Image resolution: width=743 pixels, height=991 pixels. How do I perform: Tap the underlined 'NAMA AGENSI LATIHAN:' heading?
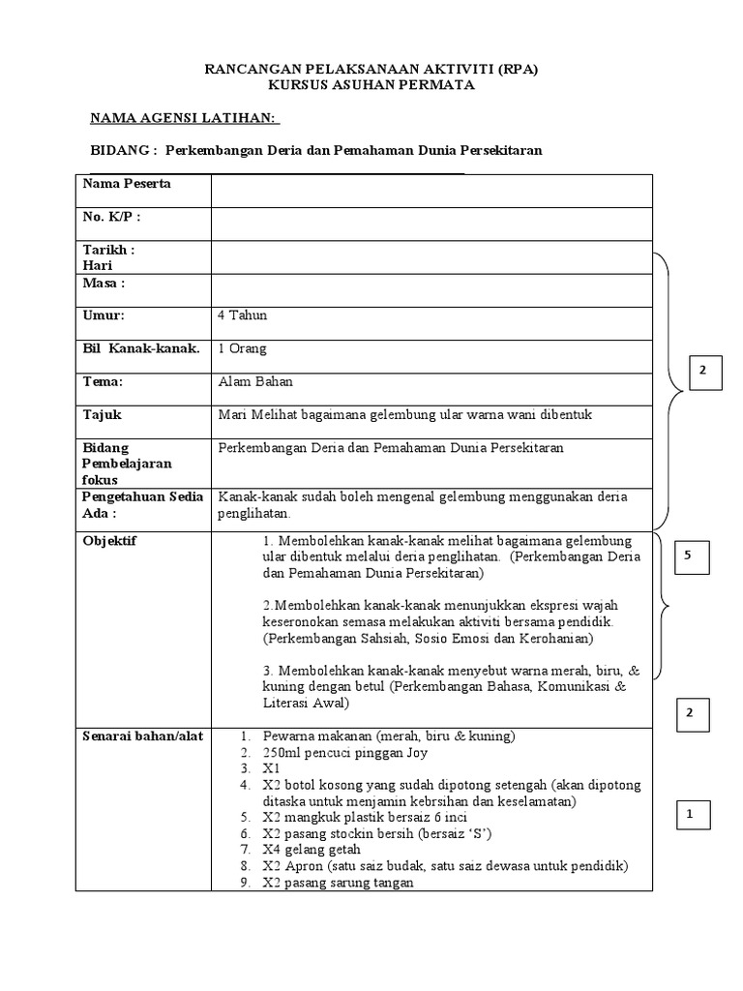click(184, 118)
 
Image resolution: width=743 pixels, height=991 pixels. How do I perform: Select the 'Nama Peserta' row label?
click(127, 184)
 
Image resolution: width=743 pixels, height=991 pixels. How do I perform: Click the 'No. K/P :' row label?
click(111, 217)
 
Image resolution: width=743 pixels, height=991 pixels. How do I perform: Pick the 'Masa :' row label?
click(104, 283)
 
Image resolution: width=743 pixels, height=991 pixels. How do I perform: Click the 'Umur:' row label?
click(104, 315)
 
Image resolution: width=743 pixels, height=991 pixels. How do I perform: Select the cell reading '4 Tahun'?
click(244, 315)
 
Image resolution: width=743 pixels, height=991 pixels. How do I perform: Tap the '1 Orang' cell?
click(243, 348)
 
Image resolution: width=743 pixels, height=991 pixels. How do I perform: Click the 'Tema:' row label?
click(104, 381)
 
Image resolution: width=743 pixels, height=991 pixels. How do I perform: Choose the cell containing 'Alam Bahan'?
click(255, 381)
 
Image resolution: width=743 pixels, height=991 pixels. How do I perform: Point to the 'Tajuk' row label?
click(103, 414)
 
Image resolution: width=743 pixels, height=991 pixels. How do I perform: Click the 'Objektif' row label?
click(110, 541)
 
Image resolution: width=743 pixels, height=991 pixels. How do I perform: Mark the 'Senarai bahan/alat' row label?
click(142, 736)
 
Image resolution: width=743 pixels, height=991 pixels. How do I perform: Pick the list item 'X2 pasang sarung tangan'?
click(337, 882)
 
